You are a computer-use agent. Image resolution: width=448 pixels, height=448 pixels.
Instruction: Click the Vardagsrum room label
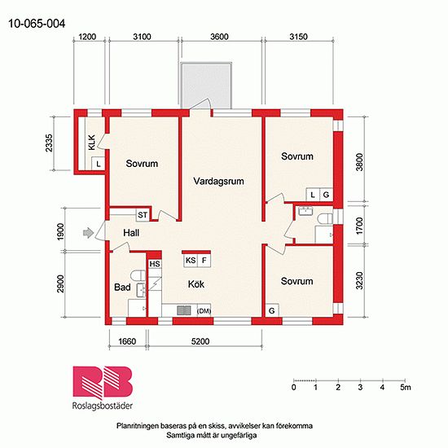(x=218, y=181)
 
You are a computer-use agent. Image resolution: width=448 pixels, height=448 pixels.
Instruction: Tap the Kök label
(x=196, y=284)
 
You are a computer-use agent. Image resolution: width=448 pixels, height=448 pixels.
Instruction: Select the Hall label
(x=131, y=233)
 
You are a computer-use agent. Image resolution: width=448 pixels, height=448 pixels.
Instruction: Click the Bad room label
(x=122, y=287)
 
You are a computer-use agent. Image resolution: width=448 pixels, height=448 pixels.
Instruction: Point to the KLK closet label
(x=92, y=143)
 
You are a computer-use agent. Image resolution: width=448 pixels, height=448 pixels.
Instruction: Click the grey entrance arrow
(x=88, y=233)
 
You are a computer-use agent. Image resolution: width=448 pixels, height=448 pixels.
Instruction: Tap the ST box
(x=143, y=215)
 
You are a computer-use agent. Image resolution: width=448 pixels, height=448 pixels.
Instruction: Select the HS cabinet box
(x=155, y=264)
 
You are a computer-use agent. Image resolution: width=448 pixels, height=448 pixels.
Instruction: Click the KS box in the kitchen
(x=191, y=261)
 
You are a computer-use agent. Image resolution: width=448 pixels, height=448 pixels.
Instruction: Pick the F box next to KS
(x=204, y=261)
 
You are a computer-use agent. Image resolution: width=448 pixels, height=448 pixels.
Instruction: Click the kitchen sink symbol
(x=184, y=310)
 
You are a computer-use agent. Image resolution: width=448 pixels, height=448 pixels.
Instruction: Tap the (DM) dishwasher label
(x=204, y=311)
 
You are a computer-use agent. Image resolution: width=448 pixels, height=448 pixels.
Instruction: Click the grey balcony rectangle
(x=206, y=86)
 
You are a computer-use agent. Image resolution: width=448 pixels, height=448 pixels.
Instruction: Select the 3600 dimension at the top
(x=219, y=37)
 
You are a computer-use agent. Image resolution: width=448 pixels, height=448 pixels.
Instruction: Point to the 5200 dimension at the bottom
(x=200, y=341)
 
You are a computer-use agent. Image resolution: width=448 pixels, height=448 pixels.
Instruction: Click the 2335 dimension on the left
(x=50, y=143)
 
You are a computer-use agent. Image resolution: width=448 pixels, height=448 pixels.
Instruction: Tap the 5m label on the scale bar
(x=406, y=387)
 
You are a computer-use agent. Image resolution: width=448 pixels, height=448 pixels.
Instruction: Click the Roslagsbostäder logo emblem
(x=103, y=383)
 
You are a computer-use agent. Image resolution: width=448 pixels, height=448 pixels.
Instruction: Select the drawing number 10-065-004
(x=37, y=24)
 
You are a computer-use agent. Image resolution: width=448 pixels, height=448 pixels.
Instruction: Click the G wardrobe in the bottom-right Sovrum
(x=272, y=310)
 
